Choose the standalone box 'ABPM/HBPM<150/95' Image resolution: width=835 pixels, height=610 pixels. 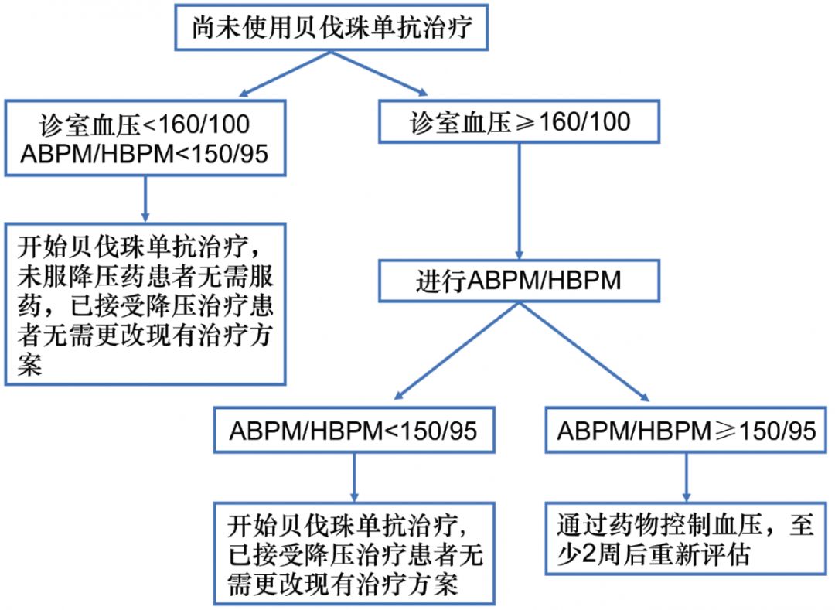pyautogui.click(x=353, y=430)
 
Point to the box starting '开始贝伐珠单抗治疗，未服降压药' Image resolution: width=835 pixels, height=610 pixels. pyautogui.click(x=145, y=304)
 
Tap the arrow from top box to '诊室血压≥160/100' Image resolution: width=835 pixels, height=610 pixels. pyautogui.click(x=379, y=73)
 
